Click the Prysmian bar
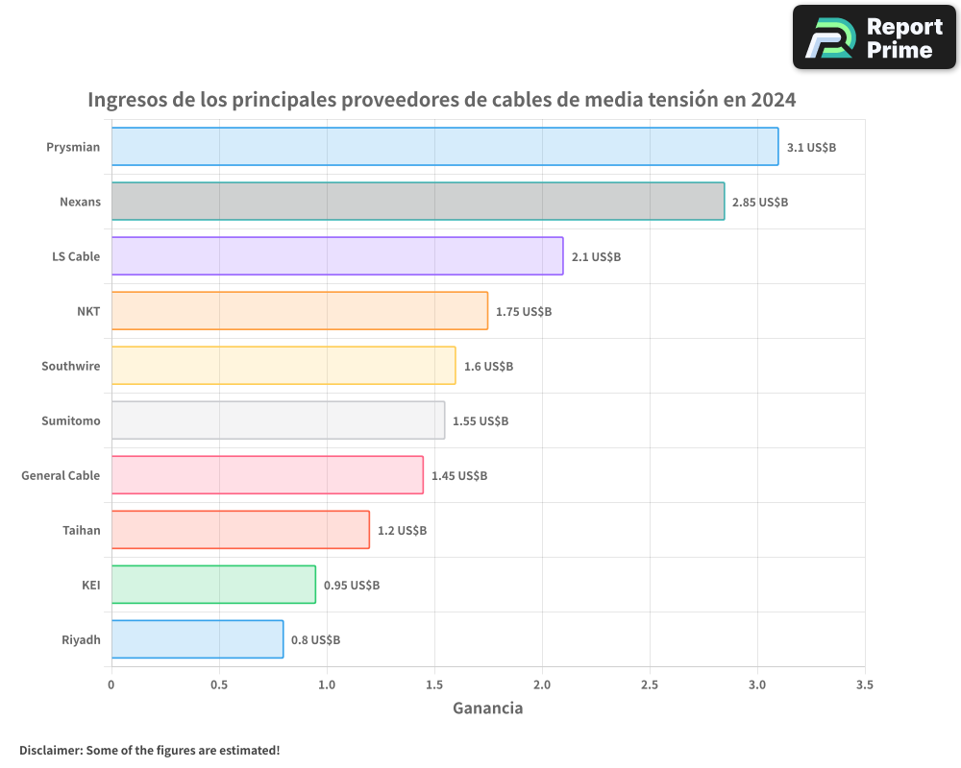pos(444,147)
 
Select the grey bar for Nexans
pos(417,202)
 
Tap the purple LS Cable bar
pos(336,256)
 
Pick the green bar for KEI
pos(213,585)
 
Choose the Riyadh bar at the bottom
pos(197,639)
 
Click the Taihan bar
pos(240,530)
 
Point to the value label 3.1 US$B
pos(811,148)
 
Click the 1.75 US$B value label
pos(524,312)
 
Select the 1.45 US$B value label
pos(459,476)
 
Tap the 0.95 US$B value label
pos(352,586)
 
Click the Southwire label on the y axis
pos(70,366)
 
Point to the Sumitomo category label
pos(70,420)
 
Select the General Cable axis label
pos(61,475)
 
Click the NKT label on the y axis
pos(88,311)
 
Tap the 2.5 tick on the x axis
pos(650,685)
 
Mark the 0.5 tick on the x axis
pos(219,685)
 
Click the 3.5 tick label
pos(864,685)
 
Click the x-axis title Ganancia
pos(487,708)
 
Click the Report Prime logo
pos(874,37)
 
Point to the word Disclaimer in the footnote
pos(49,750)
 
